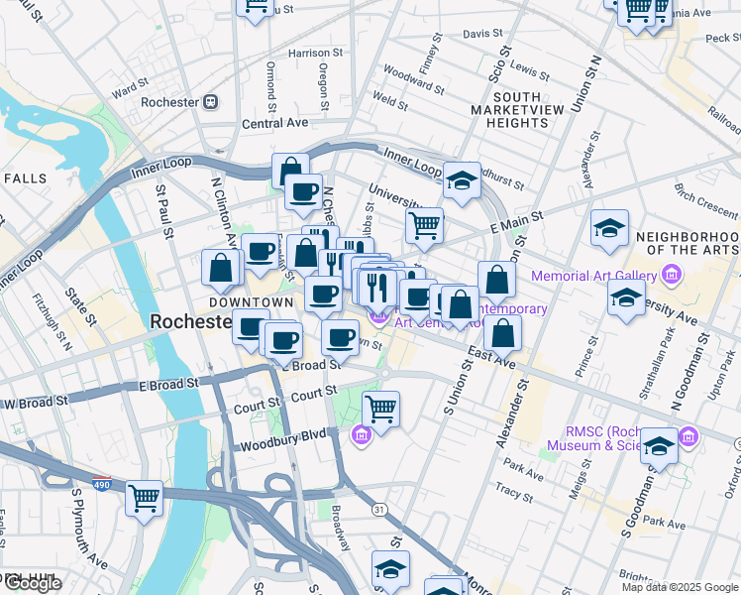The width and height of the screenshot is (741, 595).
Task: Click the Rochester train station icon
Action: click(x=210, y=102)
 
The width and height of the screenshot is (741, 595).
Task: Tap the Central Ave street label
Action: click(x=274, y=124)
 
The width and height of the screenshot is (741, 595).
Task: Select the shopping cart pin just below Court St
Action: click(x=380, y=407)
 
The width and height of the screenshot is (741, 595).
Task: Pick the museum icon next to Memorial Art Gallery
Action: click(x=673, y=275)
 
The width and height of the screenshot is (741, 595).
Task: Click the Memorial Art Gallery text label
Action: click(x=595, y=277)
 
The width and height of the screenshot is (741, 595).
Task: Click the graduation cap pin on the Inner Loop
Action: click(x=462, y=180)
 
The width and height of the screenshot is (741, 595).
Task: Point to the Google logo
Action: click(x=32, y=584)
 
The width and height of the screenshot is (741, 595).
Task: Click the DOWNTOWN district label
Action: click(x=251, y=302)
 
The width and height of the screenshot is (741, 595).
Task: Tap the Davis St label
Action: click(x=483, y=33)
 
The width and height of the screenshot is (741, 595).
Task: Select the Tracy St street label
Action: click(x=514, y=490)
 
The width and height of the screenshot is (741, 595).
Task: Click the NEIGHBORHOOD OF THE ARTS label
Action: click(x=688, y=245)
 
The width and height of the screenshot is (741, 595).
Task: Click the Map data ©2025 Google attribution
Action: click(x=680, y=587)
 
